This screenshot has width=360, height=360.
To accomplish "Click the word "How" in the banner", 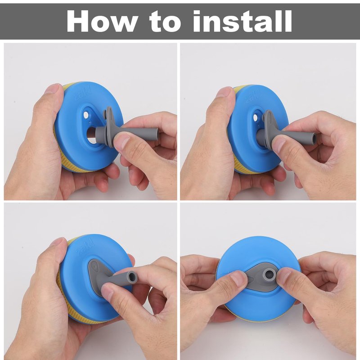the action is coord(101,21).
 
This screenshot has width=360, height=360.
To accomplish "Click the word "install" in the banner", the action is coord(243,21).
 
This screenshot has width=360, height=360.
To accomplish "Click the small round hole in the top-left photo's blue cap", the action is coord(86,115).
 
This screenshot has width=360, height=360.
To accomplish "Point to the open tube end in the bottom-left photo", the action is coord(132,276).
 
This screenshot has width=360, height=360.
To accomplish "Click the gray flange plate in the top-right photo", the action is coord(270,129).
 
